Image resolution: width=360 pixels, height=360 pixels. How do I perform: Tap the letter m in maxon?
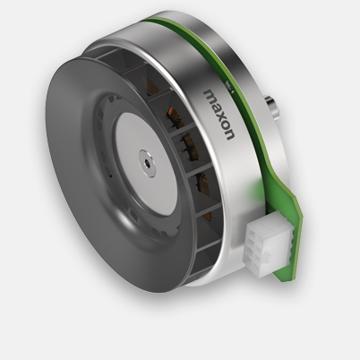click(211, 95)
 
